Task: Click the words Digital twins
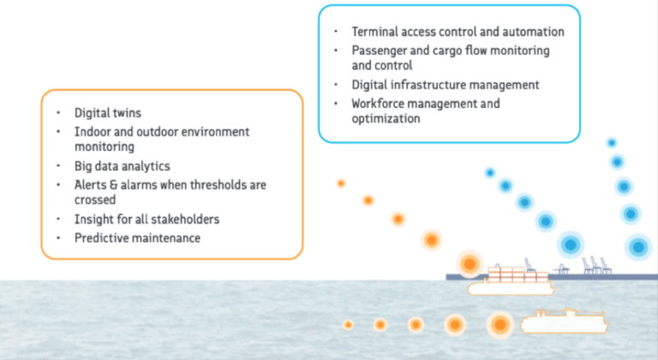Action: [108, 113]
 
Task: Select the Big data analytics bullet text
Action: [123, 166]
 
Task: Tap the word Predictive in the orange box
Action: [99, 238]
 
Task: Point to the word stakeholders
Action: [185, 219]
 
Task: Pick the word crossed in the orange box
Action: [95, 200]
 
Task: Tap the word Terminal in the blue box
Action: [374, 32]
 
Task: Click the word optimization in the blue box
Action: [386, 119]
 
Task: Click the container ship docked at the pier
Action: [511, 280]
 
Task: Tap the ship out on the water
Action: [564, 321]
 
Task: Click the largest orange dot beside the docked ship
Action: [470, 264]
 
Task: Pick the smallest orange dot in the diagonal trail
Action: [341, 183]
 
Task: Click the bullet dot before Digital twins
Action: [58, 113]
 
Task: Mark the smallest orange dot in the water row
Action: [348, 325]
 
